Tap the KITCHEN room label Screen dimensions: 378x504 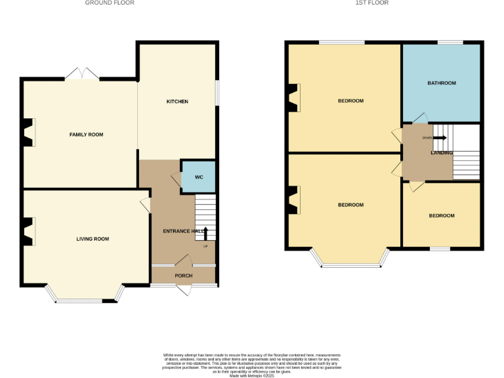tap(177, 102)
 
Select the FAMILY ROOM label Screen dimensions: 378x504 tap(87, 135)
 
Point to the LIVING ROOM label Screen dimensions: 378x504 tap(93, 239)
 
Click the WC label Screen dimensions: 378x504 tap(198, 177)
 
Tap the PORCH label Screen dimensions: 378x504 tap(183, 276)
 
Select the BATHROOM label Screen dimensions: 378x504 tap(441, 83)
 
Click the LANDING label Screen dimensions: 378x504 tap(441, 153)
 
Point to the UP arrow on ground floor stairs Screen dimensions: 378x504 tap(205, 234)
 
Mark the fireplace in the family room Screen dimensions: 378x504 tap(28, 132)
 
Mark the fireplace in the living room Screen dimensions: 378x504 tap(28, 232)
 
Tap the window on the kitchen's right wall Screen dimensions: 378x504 tap(218, 93)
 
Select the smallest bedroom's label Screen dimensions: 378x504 tap(441, 216)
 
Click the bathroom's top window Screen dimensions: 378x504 tap(450, 43)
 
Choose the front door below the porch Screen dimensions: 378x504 tap(184, 289)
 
